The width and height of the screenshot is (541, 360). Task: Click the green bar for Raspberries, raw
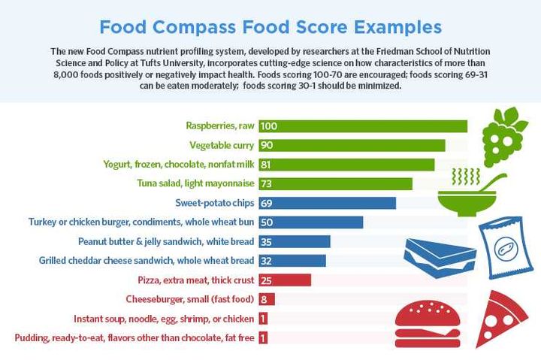(363, 126)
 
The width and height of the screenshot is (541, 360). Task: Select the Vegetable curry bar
(352, 145)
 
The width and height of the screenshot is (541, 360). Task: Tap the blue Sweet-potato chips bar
(327, 203)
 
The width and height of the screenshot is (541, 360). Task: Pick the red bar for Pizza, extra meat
(285, 280)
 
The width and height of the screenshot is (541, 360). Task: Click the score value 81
(267, 165)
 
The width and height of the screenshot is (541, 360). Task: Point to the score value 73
(267, 183)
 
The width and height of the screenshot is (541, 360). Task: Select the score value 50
(267, 222)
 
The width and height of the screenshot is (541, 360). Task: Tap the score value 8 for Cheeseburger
(264, 299)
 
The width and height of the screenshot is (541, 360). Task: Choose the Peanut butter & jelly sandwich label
(166, 241)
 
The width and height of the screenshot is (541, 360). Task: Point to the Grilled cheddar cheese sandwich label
(147, 261)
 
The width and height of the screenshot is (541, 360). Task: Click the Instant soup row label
(164, 318)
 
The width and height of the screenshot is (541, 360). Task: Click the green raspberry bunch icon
(498, 138)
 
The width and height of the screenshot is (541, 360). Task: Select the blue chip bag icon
(504, 247)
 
